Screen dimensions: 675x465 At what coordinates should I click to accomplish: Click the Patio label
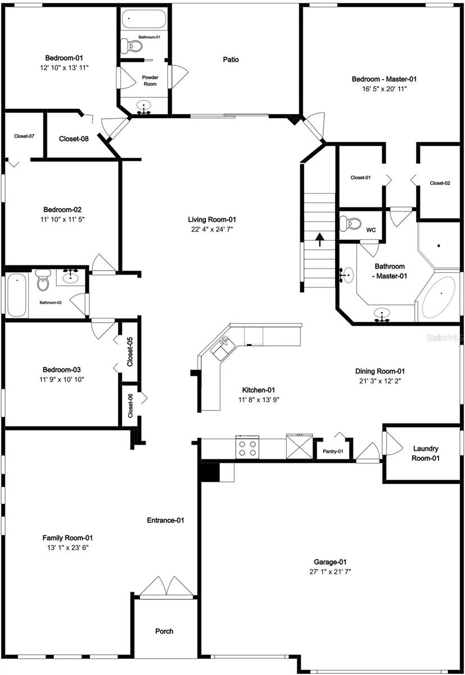(x=231, y=59)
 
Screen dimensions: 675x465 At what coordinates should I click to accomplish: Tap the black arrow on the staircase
(x=319, y=240)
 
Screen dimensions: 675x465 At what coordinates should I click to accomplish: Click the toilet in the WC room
(x=353, y=224)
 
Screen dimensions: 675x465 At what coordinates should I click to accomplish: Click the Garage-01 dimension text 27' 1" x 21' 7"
(x=330, y=571)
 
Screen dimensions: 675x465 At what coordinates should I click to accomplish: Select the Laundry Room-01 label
(x=426, y=453)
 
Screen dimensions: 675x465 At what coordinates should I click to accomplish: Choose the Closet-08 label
(x=74, y=138)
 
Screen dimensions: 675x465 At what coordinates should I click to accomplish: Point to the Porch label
(x=164, y=631)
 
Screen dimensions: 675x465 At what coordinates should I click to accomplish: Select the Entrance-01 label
(x=165, y=520)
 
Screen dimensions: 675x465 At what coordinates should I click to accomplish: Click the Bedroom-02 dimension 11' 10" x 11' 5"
(x=62, y=219)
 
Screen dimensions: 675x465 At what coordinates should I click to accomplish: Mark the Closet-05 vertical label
(x=130, y=352)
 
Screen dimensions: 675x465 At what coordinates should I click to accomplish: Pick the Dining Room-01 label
(x=380, y=371)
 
